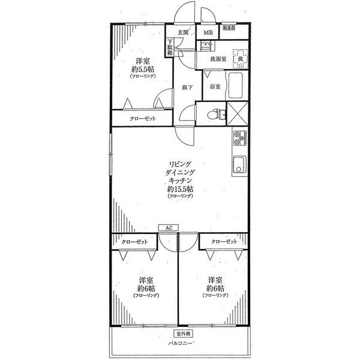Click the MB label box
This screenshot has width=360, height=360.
208,33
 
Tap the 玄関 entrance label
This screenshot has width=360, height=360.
182,33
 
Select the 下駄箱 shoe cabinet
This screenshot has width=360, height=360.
170,47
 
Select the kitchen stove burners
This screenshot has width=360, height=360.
239,139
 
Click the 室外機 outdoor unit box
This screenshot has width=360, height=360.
183,333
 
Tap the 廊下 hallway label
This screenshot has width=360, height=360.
187,88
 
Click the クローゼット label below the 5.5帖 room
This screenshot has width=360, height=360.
143,119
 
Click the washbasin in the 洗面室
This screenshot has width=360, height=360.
208,46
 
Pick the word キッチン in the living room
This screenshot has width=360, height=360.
180,180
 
